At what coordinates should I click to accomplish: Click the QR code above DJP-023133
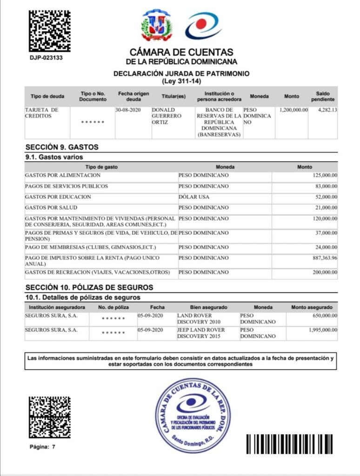[50, 31]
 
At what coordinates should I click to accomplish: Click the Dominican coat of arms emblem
[156, 26]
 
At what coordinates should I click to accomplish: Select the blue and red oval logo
[203, 26]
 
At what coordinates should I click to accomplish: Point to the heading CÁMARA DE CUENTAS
[181, 53]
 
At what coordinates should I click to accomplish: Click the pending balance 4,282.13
[327, 110]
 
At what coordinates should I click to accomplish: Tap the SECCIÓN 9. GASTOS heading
[62, 147]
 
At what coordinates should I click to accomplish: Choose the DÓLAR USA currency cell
[194, 197]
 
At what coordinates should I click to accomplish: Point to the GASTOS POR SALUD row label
[51, 207]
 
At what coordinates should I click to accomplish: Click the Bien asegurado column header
[208, 307]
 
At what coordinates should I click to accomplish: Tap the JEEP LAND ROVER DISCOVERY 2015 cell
[201, 333]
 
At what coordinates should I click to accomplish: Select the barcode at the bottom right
[289, 444]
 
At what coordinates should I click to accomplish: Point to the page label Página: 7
[42, 447]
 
